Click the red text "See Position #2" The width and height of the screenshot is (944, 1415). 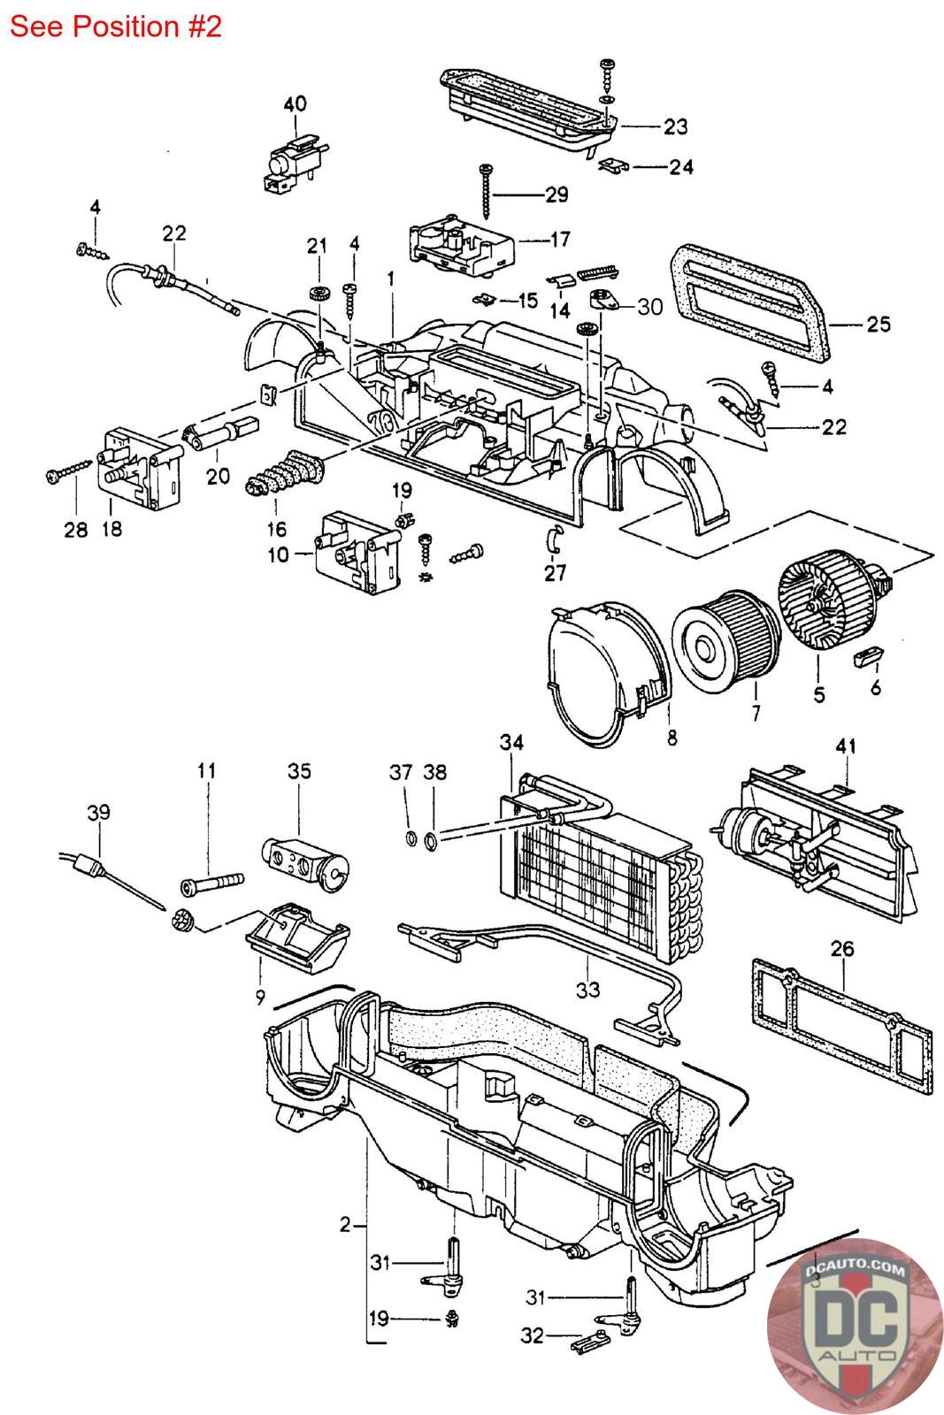coord(115,27)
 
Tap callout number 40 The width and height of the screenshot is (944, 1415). coord(295,104)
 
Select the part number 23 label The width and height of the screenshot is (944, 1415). coord(675,127)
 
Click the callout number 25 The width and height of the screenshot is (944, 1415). coord(879,324)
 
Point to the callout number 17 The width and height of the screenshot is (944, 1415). coord(559,239)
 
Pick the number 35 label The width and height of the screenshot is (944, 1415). coord(299,771)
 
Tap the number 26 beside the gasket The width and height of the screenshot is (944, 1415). coord(842,950)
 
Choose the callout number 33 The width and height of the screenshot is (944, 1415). coord(588,988)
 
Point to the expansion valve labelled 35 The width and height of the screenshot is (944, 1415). coord(304,853)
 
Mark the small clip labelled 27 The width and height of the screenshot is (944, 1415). coord(554,538)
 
